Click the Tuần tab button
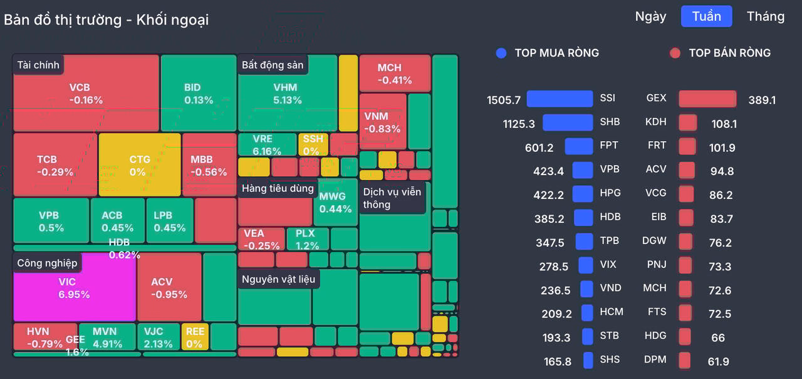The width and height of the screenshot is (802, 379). click(706, 16)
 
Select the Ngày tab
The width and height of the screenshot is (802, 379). click(650, 17)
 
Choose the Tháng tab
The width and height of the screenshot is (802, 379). click(766, 16)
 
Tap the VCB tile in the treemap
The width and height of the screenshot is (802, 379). click(86, 93)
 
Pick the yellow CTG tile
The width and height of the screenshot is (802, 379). click(140, 165)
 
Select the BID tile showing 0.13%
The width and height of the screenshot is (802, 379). click(199, 93)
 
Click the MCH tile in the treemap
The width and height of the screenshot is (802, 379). click(395, 73)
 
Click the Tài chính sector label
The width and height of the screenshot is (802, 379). click(38, 65)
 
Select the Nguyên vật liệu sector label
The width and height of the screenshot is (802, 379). click(279, 279)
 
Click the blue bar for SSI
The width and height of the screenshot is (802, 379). click(560, 99)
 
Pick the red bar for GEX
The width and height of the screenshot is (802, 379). click(707, 99)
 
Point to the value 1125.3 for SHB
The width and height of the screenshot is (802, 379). click(519, 124)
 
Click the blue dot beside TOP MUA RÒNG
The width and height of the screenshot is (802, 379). click(501, 53)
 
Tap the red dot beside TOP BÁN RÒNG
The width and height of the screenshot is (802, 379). click(675, 53)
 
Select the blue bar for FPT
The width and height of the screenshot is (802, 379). click(579, 146)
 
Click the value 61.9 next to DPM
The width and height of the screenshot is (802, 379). click(718, 361)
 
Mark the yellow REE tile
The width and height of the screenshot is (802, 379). click(195, 337)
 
